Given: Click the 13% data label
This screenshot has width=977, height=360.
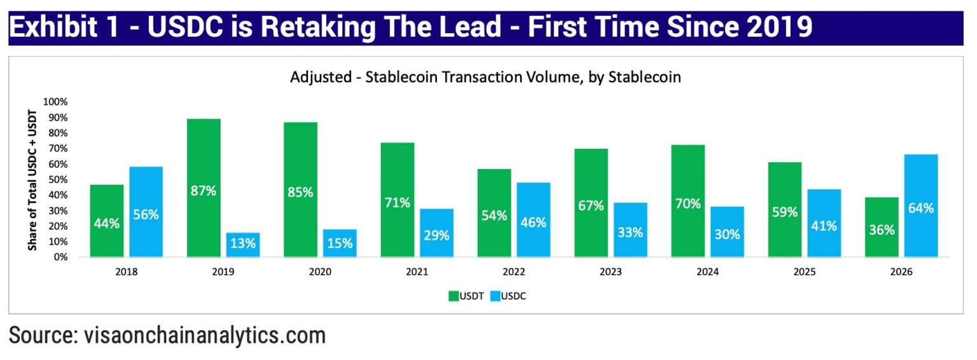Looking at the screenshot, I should click(x=242, y=242).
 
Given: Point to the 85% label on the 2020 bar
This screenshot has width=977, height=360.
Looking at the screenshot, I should click(x=300, y=191).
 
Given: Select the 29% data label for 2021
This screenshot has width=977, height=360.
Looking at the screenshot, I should click(x=436, y=235).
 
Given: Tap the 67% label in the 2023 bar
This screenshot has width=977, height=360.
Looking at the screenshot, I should click(x=591, y=206).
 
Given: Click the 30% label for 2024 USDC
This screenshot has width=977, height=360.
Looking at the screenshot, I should click(x=727, y=234).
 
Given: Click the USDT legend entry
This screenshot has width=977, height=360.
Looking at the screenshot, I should click(x=465, y=296).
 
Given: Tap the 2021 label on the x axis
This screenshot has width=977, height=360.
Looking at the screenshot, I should click(x=417, y=272).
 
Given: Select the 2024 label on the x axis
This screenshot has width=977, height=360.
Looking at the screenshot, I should click(x=707, y=272).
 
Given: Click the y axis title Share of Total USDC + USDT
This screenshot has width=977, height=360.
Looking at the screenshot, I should click(x=32, y=180).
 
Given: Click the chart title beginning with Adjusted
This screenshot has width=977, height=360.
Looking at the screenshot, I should click(x=486, y=78).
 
